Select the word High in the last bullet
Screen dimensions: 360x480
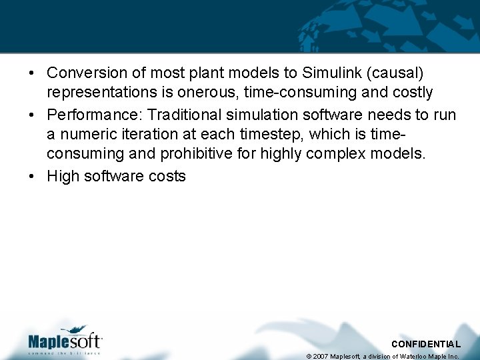[61, 176]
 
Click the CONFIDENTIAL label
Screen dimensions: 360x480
[425, 344]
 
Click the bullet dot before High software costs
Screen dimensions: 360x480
[32, 177]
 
